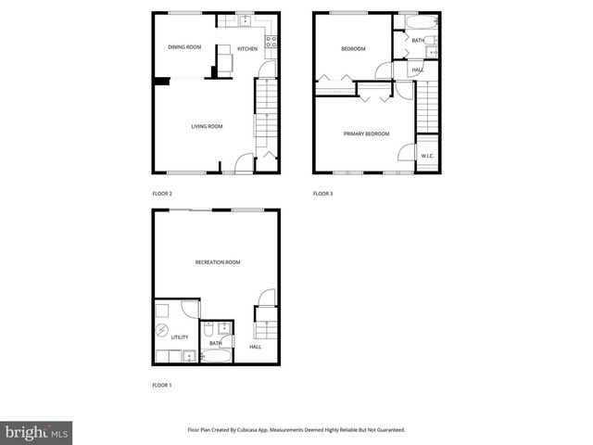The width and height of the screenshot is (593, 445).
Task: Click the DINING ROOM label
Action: pos(183,47)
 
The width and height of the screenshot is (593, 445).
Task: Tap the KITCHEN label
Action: pos(247,48)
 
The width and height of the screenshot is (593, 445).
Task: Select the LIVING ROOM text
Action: pos(207,126)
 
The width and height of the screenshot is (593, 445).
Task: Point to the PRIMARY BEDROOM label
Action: pos(366,133)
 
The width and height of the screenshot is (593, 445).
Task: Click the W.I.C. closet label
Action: pos(427,156)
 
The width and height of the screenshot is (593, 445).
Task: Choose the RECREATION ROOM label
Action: pos(218,262)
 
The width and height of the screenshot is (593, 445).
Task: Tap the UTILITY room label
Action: pos(179,337)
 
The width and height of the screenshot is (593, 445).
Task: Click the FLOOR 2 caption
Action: pos(162,194)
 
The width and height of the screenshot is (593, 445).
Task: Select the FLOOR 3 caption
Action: pos(322,194)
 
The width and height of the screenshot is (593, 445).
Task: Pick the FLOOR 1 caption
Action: pos(162,385)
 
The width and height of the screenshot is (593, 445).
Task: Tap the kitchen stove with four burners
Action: pos(271,40)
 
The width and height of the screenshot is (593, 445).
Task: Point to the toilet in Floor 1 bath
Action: pos(209,329)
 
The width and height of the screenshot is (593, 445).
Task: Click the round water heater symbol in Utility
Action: pos(161,331)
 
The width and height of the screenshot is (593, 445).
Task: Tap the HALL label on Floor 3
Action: pos(417,70)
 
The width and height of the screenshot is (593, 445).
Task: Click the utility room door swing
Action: pos(189,309)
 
